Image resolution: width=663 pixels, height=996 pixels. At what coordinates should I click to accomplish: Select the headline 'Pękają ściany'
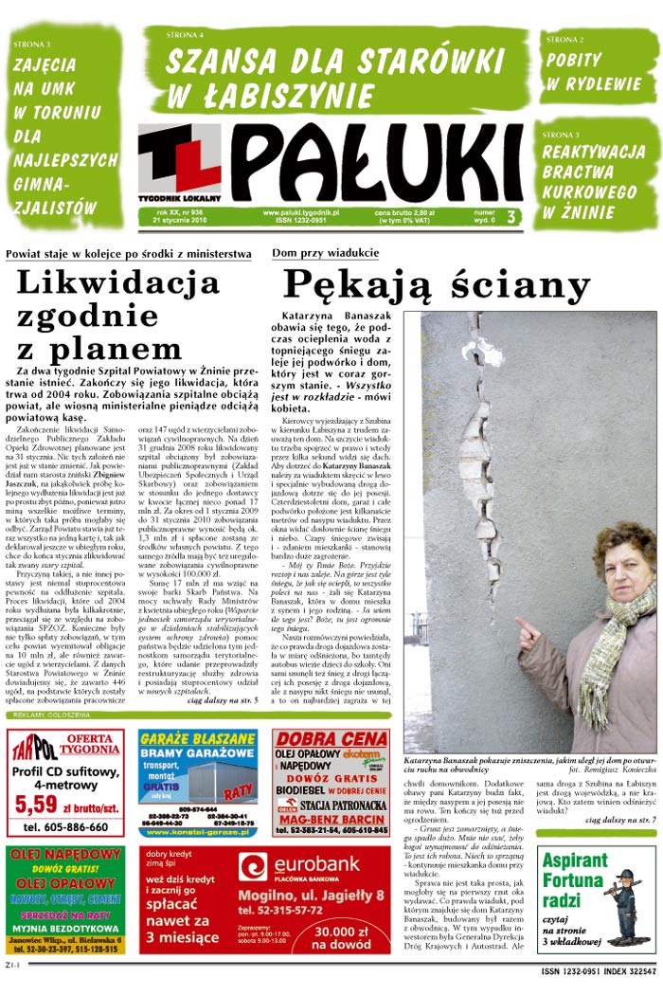click(x=437, y=284)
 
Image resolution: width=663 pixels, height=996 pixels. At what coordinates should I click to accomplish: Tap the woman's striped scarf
click(x=607, y=644)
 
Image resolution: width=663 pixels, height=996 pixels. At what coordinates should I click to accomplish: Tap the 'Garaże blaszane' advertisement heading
click(x=198, y=745)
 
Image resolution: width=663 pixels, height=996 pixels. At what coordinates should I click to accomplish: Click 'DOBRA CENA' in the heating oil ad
click(x=331, y=739)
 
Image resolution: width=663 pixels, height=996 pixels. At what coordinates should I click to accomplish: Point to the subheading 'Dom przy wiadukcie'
click(x=325, y=253)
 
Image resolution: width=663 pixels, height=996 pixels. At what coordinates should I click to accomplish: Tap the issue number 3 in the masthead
click(x=511, y=217)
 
